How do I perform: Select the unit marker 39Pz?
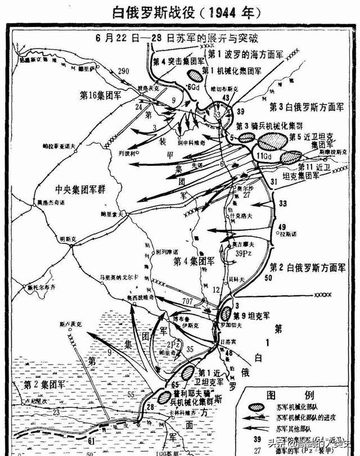244,254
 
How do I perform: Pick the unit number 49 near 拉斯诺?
282,227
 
